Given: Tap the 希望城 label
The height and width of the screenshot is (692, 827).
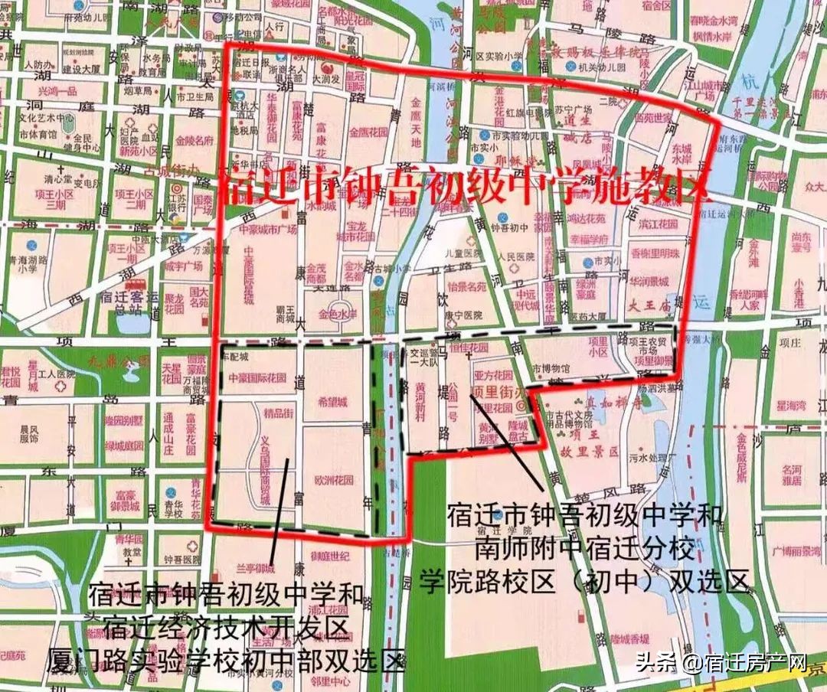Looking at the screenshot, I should click(333, 401).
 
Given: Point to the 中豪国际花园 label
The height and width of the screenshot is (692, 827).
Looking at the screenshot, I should click(257, 377).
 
